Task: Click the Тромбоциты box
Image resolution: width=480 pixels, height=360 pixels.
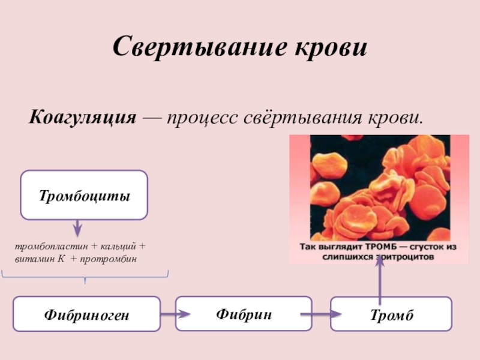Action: point(84,195)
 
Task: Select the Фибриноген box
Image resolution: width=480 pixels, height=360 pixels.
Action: point(86,314)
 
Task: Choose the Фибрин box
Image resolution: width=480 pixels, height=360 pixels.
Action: point(243,313)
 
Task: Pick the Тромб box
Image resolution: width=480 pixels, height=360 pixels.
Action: point(391,314)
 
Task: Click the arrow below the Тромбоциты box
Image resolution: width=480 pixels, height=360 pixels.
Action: point(77,228)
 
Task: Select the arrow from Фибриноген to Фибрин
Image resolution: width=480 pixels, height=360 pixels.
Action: point(175,313)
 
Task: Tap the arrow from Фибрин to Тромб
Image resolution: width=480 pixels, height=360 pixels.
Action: point(322,313)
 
